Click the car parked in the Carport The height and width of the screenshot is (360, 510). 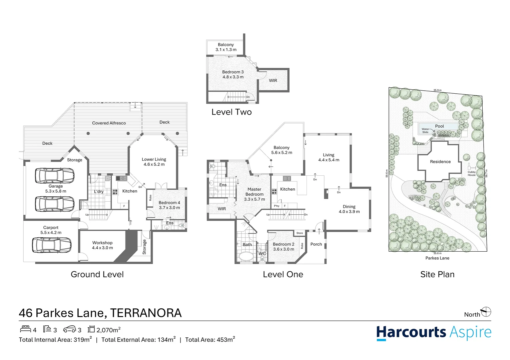[x=51, y=245]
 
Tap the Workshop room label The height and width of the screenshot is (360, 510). [x=102, y=243]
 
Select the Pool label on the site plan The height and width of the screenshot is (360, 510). [x=439, y=126]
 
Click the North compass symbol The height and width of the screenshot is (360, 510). [x=486, y=312]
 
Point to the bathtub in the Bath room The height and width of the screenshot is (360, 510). [x=246, y=256]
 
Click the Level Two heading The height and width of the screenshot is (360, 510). [x=231, y=112]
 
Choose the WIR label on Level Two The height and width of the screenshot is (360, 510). [x=273, y=80]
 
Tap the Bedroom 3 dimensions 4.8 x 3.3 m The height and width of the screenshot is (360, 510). [x=233, y=77]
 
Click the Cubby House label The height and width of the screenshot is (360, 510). [x=471, y=173]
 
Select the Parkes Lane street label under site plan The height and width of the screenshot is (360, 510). [x=437, y=258]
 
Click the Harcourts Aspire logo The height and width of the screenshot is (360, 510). [x=434, y=333]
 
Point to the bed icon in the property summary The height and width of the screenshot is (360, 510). [x=25, y=329]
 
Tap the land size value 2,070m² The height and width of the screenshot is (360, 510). [x=108, y=330]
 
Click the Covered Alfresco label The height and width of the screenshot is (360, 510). [x=109, y=123]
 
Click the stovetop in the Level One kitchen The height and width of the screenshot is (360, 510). [x=274, y=192]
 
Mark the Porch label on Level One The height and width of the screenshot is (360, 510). [x=316, y=244]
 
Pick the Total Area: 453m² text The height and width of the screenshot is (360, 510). [x=210, y=340]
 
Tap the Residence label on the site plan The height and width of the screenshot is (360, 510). [x=440, y=162]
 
